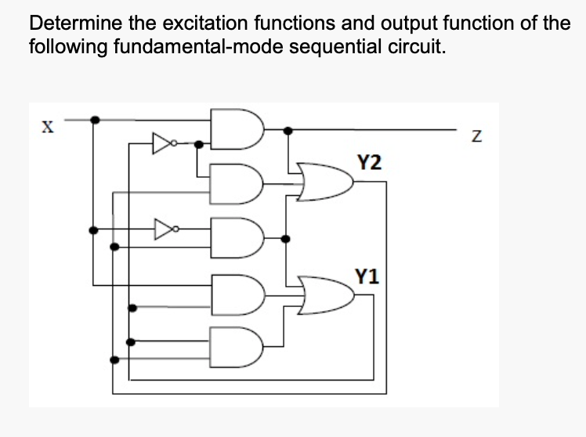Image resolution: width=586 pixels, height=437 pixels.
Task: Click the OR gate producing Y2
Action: tap(326, 182)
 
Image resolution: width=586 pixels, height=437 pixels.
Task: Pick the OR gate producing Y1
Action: tap(326, 295)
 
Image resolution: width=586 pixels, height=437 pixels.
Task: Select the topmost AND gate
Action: tap(236, 130)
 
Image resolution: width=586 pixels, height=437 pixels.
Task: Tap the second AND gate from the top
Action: tap(236, 182)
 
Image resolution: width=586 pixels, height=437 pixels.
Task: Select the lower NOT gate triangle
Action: tap(162, 229)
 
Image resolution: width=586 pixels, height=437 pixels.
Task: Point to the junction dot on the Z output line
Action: tap(289, 130)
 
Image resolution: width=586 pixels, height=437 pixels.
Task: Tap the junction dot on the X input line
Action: tap(94, 120)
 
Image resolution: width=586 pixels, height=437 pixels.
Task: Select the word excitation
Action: tap(187, 22)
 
